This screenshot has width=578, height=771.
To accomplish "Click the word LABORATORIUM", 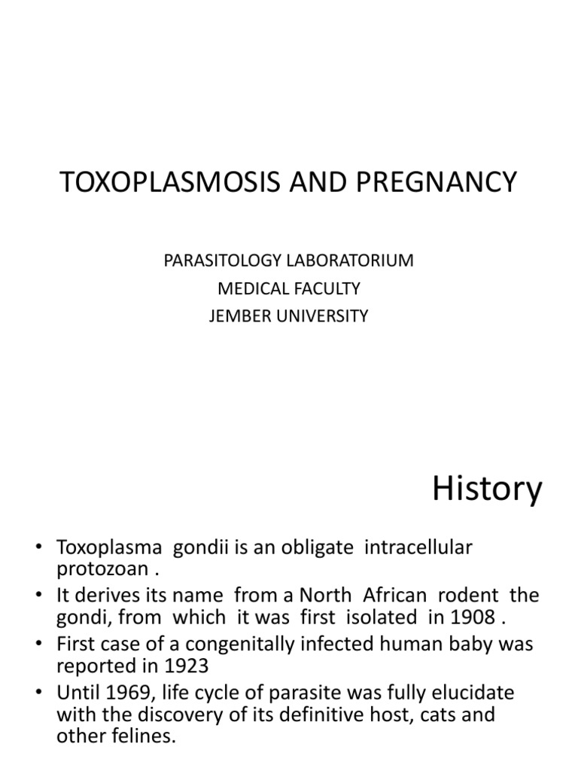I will point(349,261).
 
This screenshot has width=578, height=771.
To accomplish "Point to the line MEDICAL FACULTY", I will point(288,288).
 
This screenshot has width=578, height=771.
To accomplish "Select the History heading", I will point(487,489).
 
